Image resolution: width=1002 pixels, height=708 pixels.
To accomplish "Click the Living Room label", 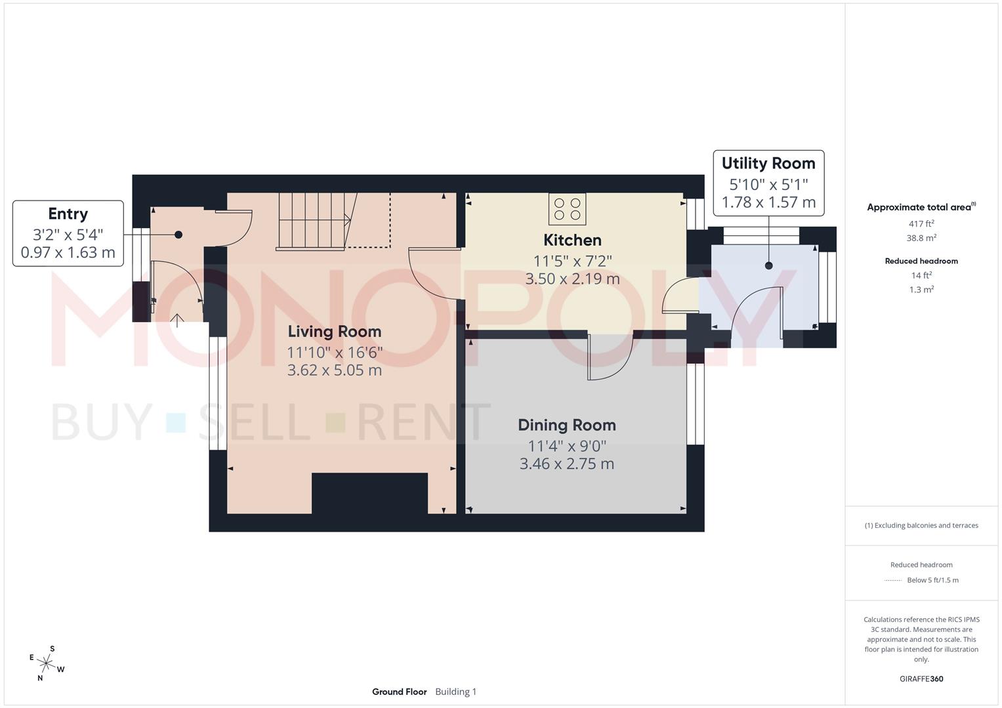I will click(x=334, y=332).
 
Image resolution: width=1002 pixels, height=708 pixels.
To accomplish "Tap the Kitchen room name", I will click(x=572, y=240).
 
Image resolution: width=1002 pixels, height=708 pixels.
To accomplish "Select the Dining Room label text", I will click(x=567, y=425).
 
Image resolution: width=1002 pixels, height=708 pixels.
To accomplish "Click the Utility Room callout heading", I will click(x=768, y=163).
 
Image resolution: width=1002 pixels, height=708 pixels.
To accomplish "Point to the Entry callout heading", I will click(x=68, y=214).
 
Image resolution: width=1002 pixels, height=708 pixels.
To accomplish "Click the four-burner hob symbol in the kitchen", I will click(x=568, y=208).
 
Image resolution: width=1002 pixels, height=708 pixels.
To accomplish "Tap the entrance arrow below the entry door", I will click(x=177, y=321).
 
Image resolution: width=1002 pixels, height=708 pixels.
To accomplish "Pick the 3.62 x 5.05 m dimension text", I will click(x=334, y=370).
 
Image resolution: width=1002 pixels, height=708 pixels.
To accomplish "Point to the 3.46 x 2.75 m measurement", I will click(x=567, y=464).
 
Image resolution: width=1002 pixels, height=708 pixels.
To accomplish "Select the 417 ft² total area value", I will click(x=921, y=224).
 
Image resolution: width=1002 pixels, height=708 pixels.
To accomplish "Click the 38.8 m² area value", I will click(x=921, y=238).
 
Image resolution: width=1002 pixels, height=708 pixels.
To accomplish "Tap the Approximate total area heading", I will click(x=921, y=207).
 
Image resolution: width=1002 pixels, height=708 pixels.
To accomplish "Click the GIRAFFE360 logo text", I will click(x=921, y=679).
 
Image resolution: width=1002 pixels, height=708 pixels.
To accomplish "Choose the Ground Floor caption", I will click(x=399, y=692).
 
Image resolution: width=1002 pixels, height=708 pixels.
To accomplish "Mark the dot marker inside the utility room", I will click(x=768, y=265).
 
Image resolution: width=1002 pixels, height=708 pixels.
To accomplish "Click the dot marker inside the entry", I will click(x=178, y=235).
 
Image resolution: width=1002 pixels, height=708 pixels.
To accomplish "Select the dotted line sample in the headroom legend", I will click(x=893, y=580).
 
